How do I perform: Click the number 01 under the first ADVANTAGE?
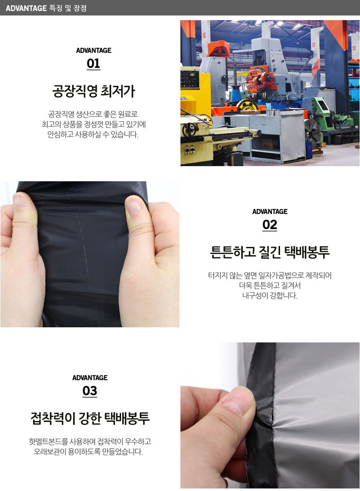tap(93, 64)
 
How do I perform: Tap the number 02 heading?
tap(270, 225)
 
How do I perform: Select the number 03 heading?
tap(90, 391)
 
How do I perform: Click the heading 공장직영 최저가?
tap(93, 91)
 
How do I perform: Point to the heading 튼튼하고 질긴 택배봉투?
tap(270, 252)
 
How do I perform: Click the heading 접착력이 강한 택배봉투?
tap(90, 418)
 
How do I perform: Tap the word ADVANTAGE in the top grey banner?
tap(26, 8)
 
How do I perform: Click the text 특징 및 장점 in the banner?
tap(68, 8)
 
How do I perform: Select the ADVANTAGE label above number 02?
tap(270, 212)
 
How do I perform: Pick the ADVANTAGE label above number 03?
tap(90, 378)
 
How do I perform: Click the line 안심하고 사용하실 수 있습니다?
tap(93, 135)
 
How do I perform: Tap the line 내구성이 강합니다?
tap(270, 296)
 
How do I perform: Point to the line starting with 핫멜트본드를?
tap(90, 442)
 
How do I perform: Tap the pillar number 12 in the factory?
tap(314, 45)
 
